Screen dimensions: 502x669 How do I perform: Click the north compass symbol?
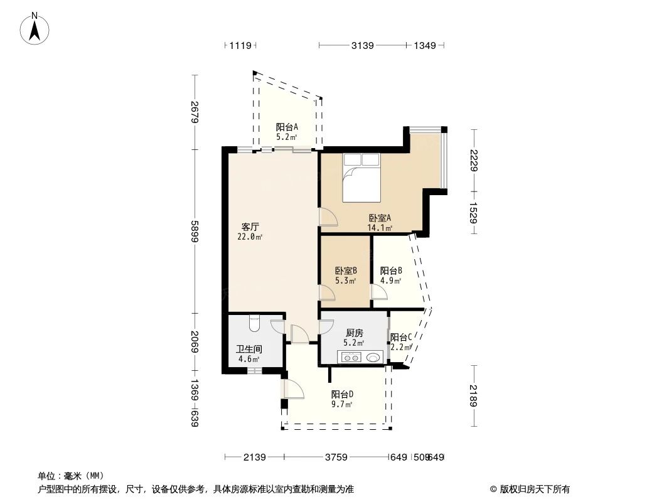click(x=36, y=28)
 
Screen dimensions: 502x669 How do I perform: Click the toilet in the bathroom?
click(x=254, y=323)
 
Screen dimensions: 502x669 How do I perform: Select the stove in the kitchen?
click(x=350, y=358)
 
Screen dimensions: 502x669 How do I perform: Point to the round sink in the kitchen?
click(x=373, y=358)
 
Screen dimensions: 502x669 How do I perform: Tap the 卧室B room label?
click(x=346, y=271)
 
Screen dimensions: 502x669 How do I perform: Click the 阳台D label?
click(x=342, y=395)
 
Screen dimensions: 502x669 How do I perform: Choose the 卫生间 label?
click(x=249, y=350)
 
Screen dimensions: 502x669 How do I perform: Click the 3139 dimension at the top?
click(x=362, y=45)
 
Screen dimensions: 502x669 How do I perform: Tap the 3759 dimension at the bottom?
click(x=336, y=457)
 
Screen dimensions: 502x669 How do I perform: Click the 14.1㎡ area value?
click(x=380, y=228)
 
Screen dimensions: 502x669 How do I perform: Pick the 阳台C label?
click(x=400, y=337)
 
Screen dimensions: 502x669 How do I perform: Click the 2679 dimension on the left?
click(x=195, y=112)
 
